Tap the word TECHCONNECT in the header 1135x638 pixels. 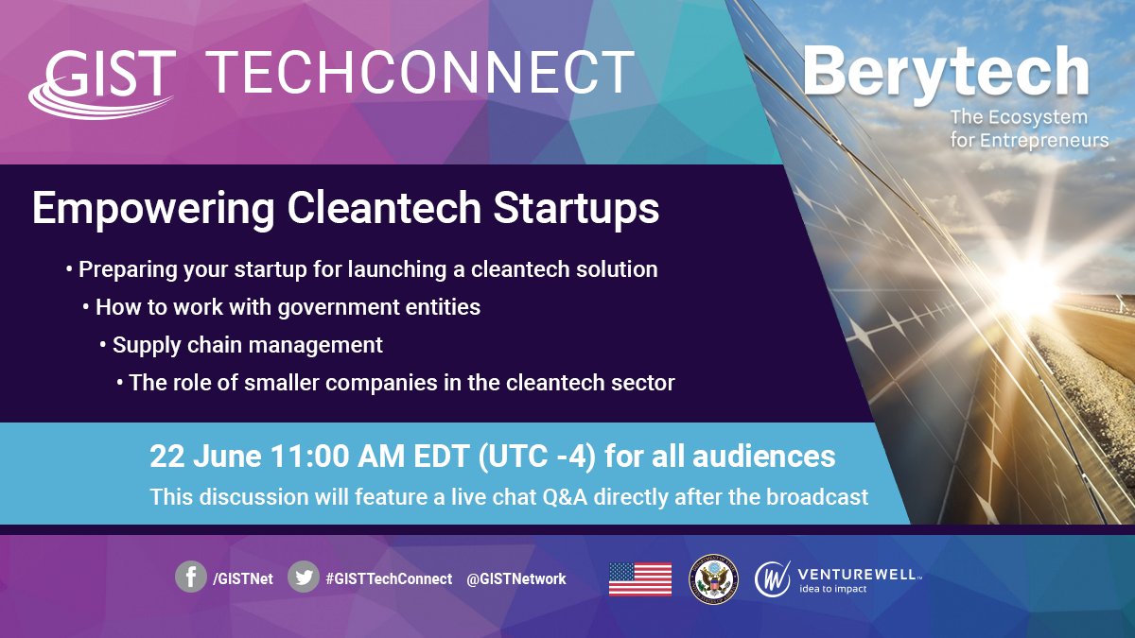pyautogui.click(x=420, y=73)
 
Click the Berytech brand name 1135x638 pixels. pyautogui.click(x=946, y=71)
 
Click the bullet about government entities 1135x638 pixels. pyautogui.click(x=287, y=307)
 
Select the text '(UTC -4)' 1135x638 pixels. pyautogui.click(x=537, y=457)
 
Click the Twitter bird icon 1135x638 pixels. pyautogui.click(x=304, y=577)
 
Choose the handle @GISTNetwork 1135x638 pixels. pyautogui.click(x=516, y=578)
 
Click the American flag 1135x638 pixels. pyautogui.click(x=640, y=578)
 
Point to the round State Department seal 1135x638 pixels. pyautogui.click(x=712, y=578)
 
